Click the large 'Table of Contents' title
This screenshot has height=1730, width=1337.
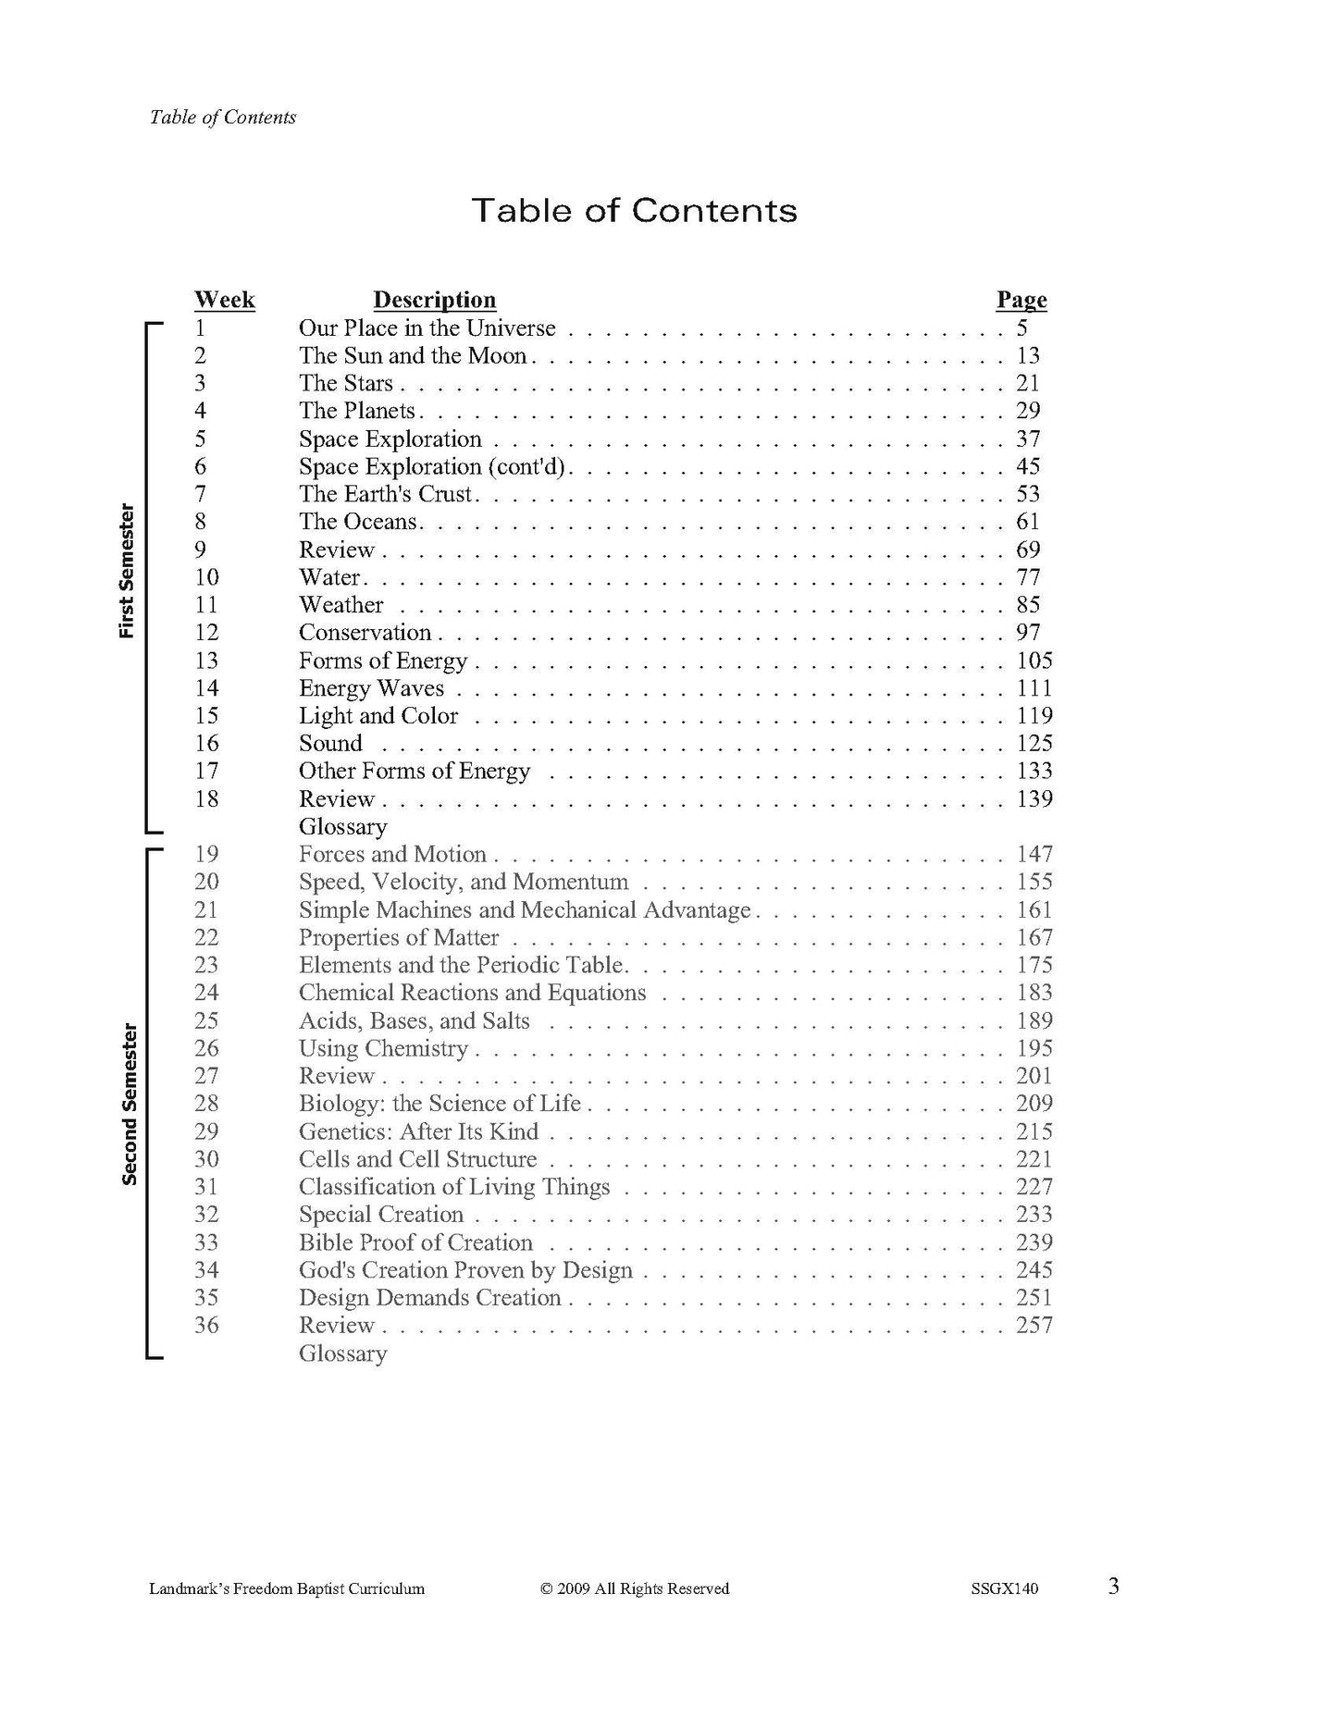(x=634, y=211)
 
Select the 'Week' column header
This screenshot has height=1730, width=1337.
(x=225, y=300)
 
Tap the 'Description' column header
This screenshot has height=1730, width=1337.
(x=434, y=300)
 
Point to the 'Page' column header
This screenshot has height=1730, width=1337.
(x=1021, y=300)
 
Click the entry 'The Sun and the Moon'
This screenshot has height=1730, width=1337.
(x=413, y=356)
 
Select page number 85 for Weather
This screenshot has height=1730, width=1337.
(x=1028, y=605)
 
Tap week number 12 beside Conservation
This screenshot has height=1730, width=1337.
(x=206, y=633)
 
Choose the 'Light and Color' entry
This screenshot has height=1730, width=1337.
(x=378, y=716)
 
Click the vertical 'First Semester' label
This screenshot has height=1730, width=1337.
(x=127, y=571)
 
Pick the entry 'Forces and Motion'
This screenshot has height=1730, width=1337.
(x=392, y=855)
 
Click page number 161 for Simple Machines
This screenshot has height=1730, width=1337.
(x=1034, y=910)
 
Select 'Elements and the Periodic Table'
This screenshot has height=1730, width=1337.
(x=461, y=966)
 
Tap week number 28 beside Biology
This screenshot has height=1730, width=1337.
(x=206, y=1104)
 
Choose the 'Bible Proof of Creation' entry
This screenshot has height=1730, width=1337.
(x=415, y=1242)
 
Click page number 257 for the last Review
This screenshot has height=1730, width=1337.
(x=1034, y=1326)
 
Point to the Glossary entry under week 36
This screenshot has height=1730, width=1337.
(x=342, y=1353)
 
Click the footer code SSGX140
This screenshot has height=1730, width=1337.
(x=1005, y=1589)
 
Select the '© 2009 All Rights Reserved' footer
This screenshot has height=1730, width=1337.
(x=635, y=1589)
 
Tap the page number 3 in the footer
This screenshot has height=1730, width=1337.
(x=1114, y=1588)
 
